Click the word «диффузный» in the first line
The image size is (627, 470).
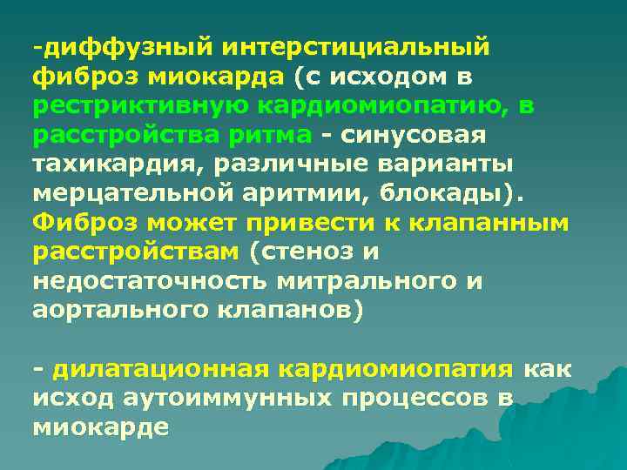click(x=121, y=46)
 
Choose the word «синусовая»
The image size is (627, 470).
click(x=415, y=136)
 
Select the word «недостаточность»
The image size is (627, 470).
click(x=148, y=283)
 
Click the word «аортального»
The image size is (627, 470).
click(x=127, y=312)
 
